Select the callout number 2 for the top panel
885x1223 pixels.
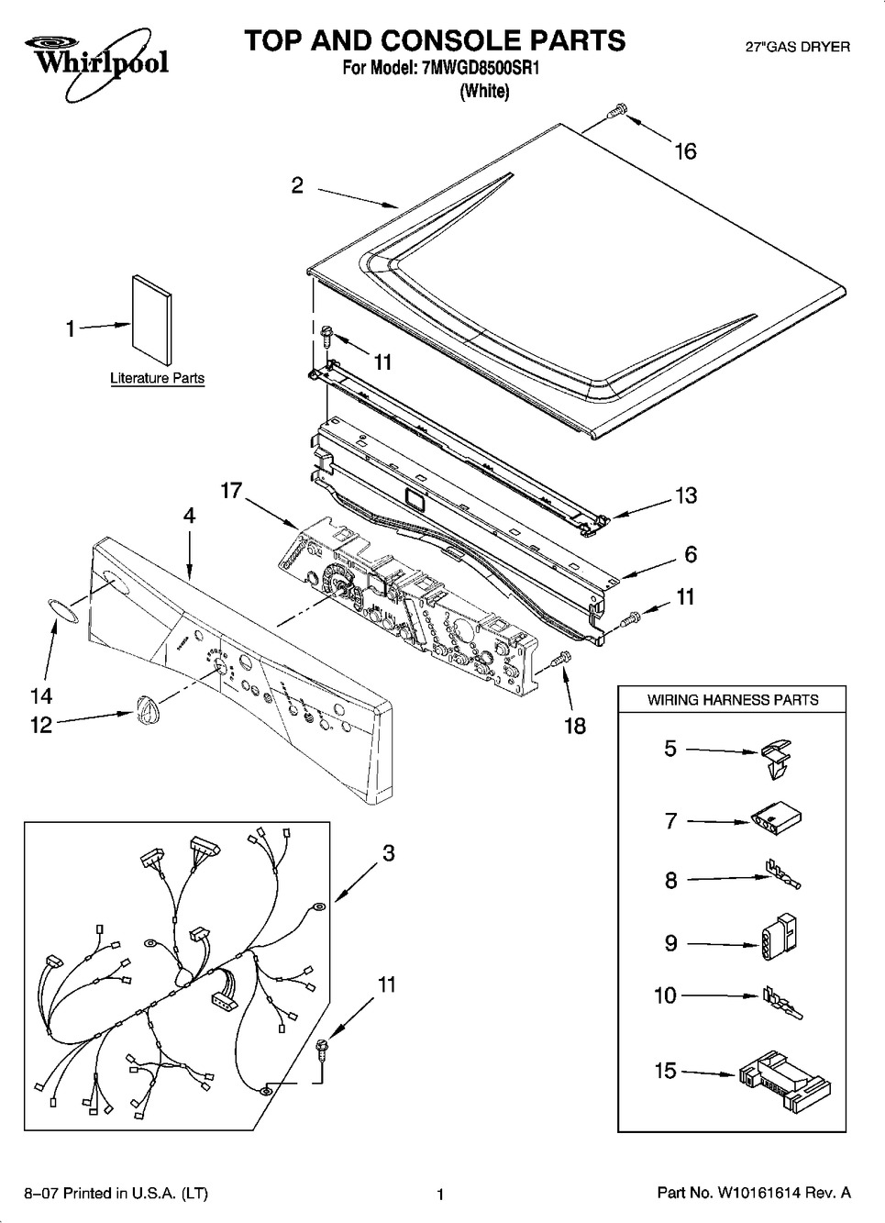pyautogui.click(x=297, y=185)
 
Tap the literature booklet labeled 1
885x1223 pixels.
pyautogui.click(x=151, y=320)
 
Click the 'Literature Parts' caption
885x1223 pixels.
pyautogui.click(x=157, y=378)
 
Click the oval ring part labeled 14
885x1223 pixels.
pyautogui.click(x=62, y=610)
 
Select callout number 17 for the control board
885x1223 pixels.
pyautogui.click(x=231, y=490)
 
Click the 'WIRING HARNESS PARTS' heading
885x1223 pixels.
pyautogui.click(x=733, y=700)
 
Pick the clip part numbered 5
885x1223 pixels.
pyautogui.click(x=776, y=759)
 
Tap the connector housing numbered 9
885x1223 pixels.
pyautogui.click(x=777, y=938)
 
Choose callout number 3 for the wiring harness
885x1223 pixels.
pyautogui.click(x=388, y=853)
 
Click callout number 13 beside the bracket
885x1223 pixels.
pyautogui.click(x=686, y=495)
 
